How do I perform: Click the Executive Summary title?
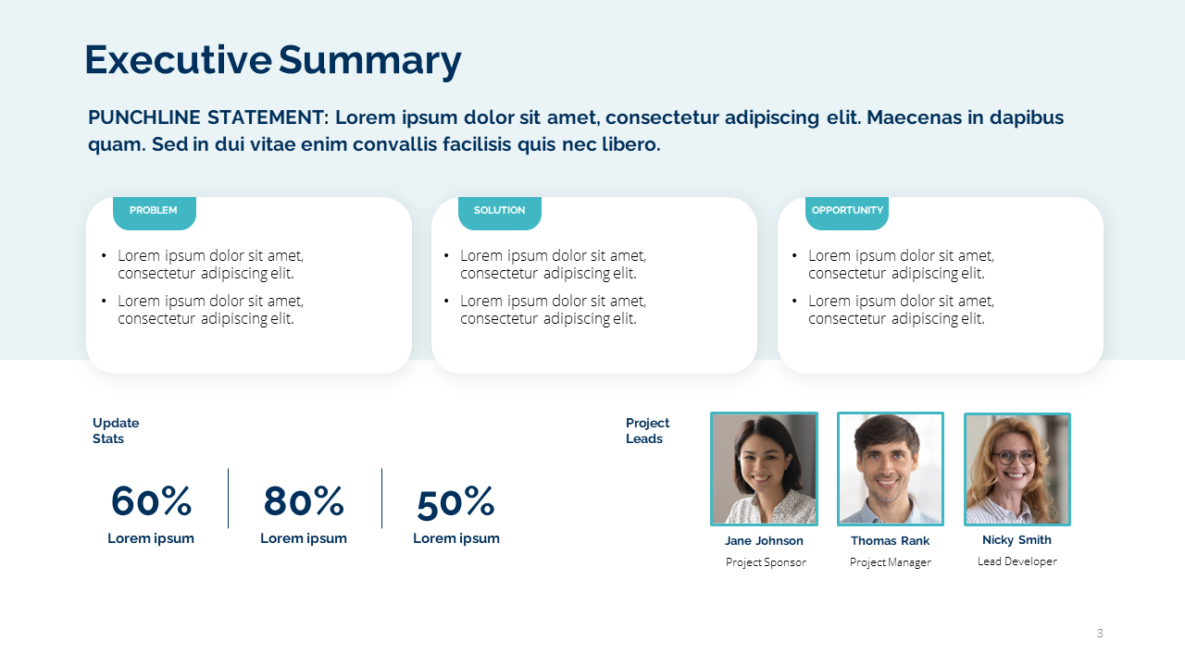(272, 60)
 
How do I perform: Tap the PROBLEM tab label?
(154, 211)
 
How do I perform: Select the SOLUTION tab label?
(500, 211)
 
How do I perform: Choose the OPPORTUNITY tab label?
(847, 211)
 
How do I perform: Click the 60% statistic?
(151, 501)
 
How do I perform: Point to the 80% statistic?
(304, 501)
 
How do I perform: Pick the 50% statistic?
(455, 503)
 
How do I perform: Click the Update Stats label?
(116, 431)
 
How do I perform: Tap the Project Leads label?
(647, 431)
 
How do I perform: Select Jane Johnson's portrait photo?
(764, 469)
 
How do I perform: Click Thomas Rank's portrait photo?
(891, 469)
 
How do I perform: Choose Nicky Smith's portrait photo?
(1017, 469)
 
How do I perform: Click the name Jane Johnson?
(764, 541)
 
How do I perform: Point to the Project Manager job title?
(891, 562)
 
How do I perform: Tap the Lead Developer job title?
(1017, 561)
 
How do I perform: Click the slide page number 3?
(1100, 634)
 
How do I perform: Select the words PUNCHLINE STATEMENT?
(207, 117)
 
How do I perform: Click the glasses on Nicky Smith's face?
(1014, 457)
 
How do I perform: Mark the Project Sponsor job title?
(766, 562)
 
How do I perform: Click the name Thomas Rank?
(891, 541)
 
